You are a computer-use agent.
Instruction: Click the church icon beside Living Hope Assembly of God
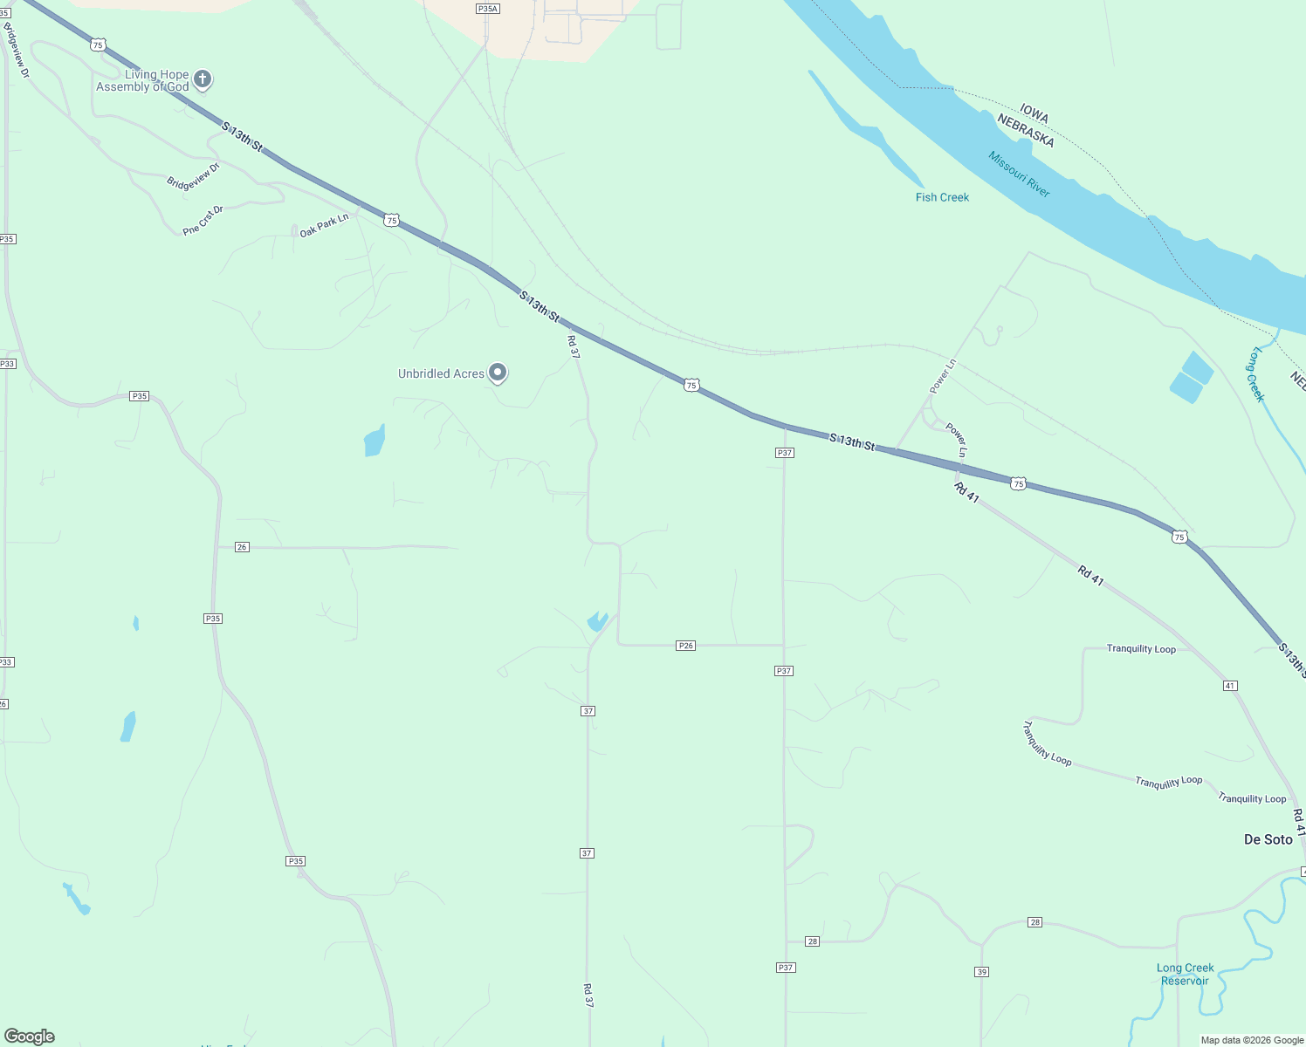point(203,80)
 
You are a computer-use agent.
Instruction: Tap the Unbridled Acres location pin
point(498,373)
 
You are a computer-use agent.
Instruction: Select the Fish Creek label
point(942,197)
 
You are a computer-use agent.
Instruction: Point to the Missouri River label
point(1019,174)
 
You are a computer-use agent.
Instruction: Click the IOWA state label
point(1034,114)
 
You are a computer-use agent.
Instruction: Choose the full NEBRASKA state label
point(1026,131)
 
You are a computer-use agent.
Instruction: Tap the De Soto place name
point(1268,839)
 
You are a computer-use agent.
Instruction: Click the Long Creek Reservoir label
point(1185,974)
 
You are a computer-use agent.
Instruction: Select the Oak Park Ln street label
point(324,225)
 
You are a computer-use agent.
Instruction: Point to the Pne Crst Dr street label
point(203,220)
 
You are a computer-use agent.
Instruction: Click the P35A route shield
point(487,9)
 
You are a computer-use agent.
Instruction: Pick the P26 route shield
point(685,646)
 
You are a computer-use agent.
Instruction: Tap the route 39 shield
point(981,972)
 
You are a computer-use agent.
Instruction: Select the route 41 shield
point(1230,686)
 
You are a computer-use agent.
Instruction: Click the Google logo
point(30,1037)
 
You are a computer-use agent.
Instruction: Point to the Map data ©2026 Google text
point(1252,1040)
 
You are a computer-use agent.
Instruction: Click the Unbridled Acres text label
point(441,373)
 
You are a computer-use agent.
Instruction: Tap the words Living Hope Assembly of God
point(142,80)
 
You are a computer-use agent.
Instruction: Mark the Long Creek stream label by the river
point(1256,374)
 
